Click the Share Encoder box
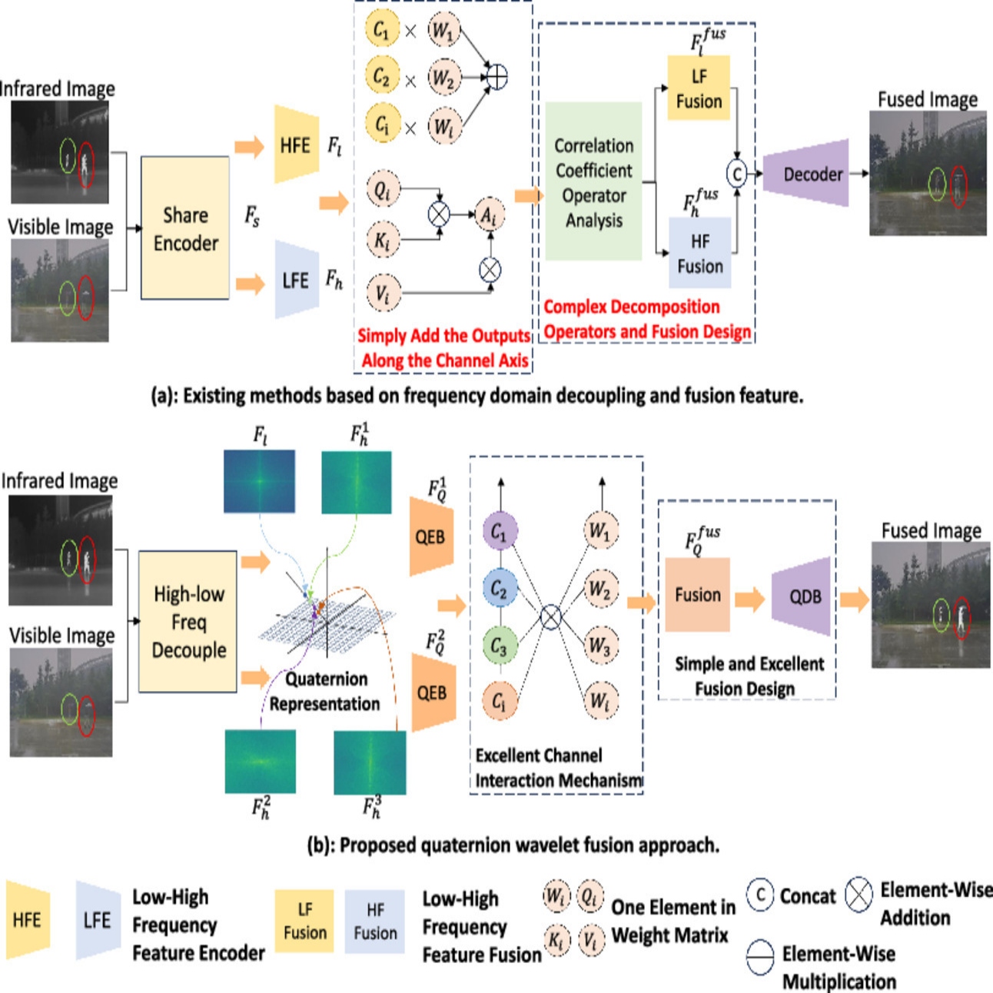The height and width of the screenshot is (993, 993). pos(185,228)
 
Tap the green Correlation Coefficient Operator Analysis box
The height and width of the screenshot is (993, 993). pos(593,182)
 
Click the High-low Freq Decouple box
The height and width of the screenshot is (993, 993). pos(188,621)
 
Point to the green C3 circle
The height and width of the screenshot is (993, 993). pos(499,647)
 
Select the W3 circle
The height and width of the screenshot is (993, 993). pos(599,646)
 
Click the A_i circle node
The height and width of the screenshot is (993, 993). pos(488,216)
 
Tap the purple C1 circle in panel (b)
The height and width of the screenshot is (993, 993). pos(499,531)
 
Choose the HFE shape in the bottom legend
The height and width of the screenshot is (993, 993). pos(28,919)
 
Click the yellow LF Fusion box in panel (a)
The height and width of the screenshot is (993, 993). pos(699,88)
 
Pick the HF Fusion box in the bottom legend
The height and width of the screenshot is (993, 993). pos(375,921)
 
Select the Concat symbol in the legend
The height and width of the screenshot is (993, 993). pos(760,895)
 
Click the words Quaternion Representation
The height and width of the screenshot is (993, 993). pos(325,691)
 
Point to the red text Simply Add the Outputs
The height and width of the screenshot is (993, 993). pos(444,336)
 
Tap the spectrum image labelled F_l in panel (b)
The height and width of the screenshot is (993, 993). pos(259,481)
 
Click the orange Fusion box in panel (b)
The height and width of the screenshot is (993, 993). pos(697,595)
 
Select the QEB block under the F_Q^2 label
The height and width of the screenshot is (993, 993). pos(430,692)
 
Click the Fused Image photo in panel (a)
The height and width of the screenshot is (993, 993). pos(928,173)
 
